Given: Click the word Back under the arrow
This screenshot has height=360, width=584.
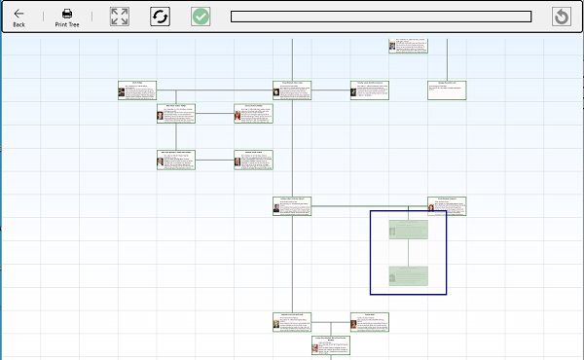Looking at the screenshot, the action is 19,24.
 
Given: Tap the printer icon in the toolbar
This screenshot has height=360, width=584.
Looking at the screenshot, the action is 66,13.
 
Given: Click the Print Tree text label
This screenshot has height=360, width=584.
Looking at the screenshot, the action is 66,24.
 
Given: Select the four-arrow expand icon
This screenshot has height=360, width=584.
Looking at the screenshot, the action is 119,17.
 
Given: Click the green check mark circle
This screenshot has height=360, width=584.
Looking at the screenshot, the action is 201,17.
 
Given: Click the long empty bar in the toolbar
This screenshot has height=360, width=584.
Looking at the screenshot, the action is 381,17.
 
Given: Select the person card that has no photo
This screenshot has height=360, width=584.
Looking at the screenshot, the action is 447,90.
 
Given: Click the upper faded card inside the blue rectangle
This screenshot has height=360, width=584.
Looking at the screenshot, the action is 408,230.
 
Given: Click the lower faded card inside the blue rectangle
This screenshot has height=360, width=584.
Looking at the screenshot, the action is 408,274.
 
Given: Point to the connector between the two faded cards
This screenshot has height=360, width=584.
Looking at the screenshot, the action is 408,252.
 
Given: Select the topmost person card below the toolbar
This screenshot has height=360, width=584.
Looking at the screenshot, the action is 408,46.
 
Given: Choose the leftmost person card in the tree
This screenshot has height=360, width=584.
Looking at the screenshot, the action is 136,90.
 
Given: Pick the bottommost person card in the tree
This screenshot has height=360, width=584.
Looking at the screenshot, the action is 330,344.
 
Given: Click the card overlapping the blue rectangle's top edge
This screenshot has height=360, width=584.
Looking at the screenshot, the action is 447,206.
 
